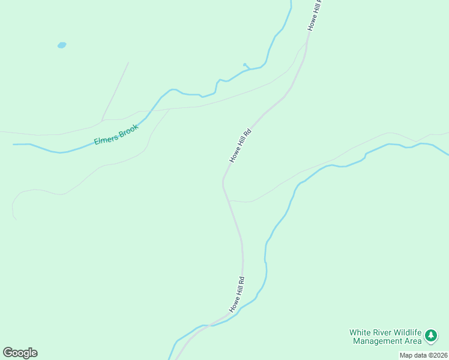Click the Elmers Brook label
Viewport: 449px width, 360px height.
point(116,134)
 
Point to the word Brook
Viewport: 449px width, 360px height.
point(128,130)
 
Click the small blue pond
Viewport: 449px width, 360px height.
point(61,45)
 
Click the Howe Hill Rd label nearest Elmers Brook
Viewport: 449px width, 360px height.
point(240,145)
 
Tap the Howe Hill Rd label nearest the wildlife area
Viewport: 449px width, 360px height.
point(237,294)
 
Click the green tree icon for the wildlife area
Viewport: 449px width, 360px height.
point(430,337)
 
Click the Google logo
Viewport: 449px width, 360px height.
point(20,353)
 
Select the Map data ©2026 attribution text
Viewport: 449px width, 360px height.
point(423,355)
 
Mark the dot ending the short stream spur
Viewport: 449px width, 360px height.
point(244,64)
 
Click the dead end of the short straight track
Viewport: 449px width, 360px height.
point(128,62)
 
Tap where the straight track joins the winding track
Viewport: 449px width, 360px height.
point(102,119)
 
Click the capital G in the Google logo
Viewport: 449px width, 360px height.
point(8,352)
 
